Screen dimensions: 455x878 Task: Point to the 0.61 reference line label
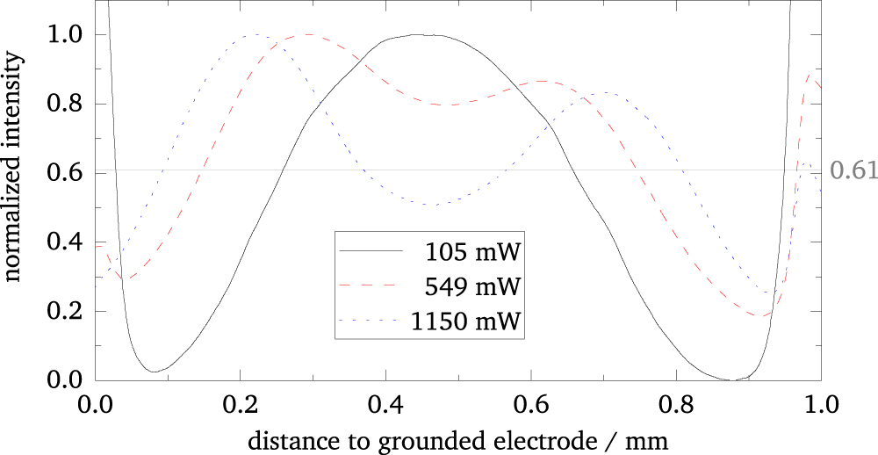(853, 170)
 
